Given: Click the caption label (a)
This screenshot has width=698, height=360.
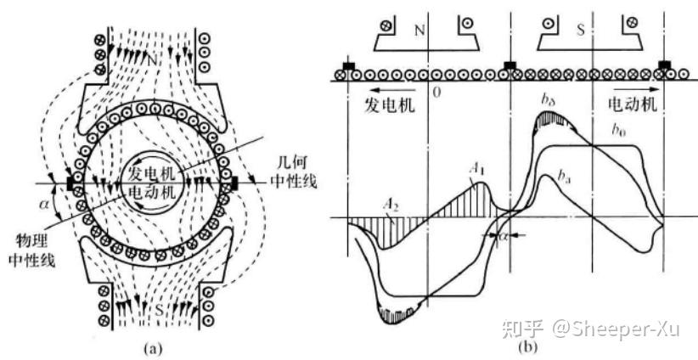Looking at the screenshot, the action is [x=152, y=346].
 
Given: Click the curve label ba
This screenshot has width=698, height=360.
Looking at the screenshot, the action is [x=566, y=176].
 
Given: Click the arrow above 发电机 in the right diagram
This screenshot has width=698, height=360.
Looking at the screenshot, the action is [x=378, y=87].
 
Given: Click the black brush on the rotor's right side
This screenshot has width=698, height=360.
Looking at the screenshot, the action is [x=235, y=181].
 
